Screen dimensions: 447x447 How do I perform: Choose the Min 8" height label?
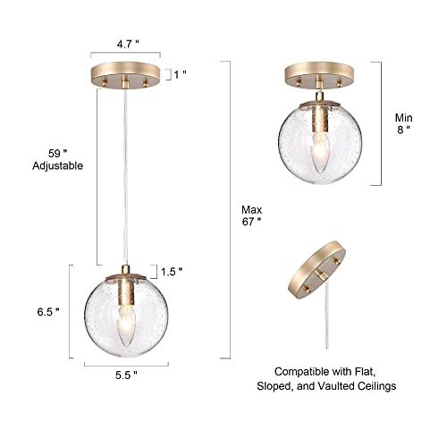coord(403,126)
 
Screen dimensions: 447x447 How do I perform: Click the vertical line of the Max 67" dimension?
coord(232,215)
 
